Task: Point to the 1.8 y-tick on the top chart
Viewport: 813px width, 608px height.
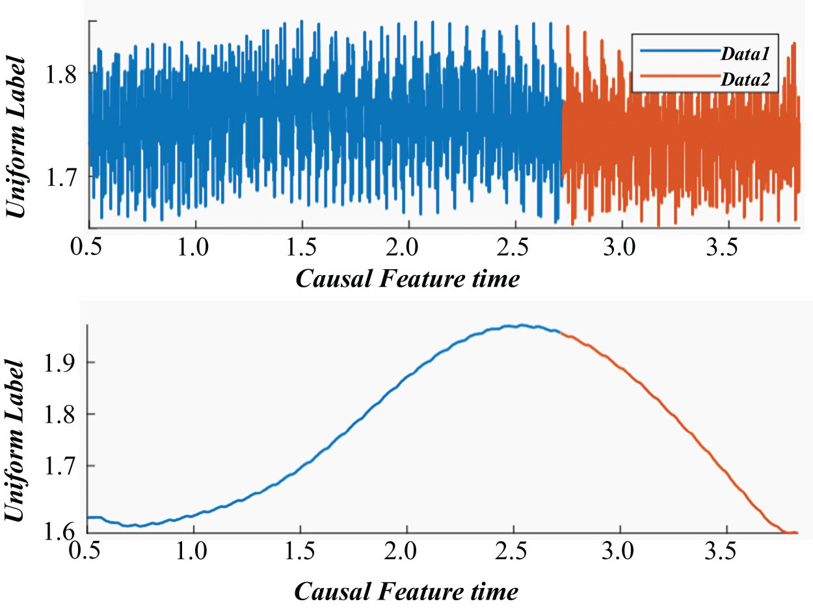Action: click(62, 73)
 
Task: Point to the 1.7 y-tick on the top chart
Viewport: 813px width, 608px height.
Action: click(62, 176)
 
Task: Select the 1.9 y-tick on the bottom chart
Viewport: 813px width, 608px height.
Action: click(62, 362)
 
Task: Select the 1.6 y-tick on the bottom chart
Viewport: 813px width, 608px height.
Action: click(62, 533)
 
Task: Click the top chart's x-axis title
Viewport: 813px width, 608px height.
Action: click(407, 280)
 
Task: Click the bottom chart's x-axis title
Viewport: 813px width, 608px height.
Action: click(407, 592)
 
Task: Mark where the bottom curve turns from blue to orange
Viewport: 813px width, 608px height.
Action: click(561, 334)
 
